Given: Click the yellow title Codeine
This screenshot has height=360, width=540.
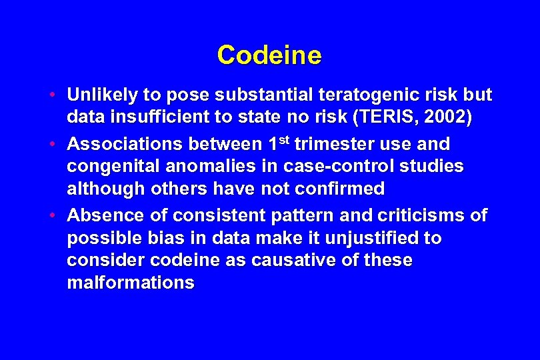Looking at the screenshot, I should coord(269,55).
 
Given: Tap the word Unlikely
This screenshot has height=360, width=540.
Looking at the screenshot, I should coord(100,95).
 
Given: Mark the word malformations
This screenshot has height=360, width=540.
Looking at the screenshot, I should coord(131,283).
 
